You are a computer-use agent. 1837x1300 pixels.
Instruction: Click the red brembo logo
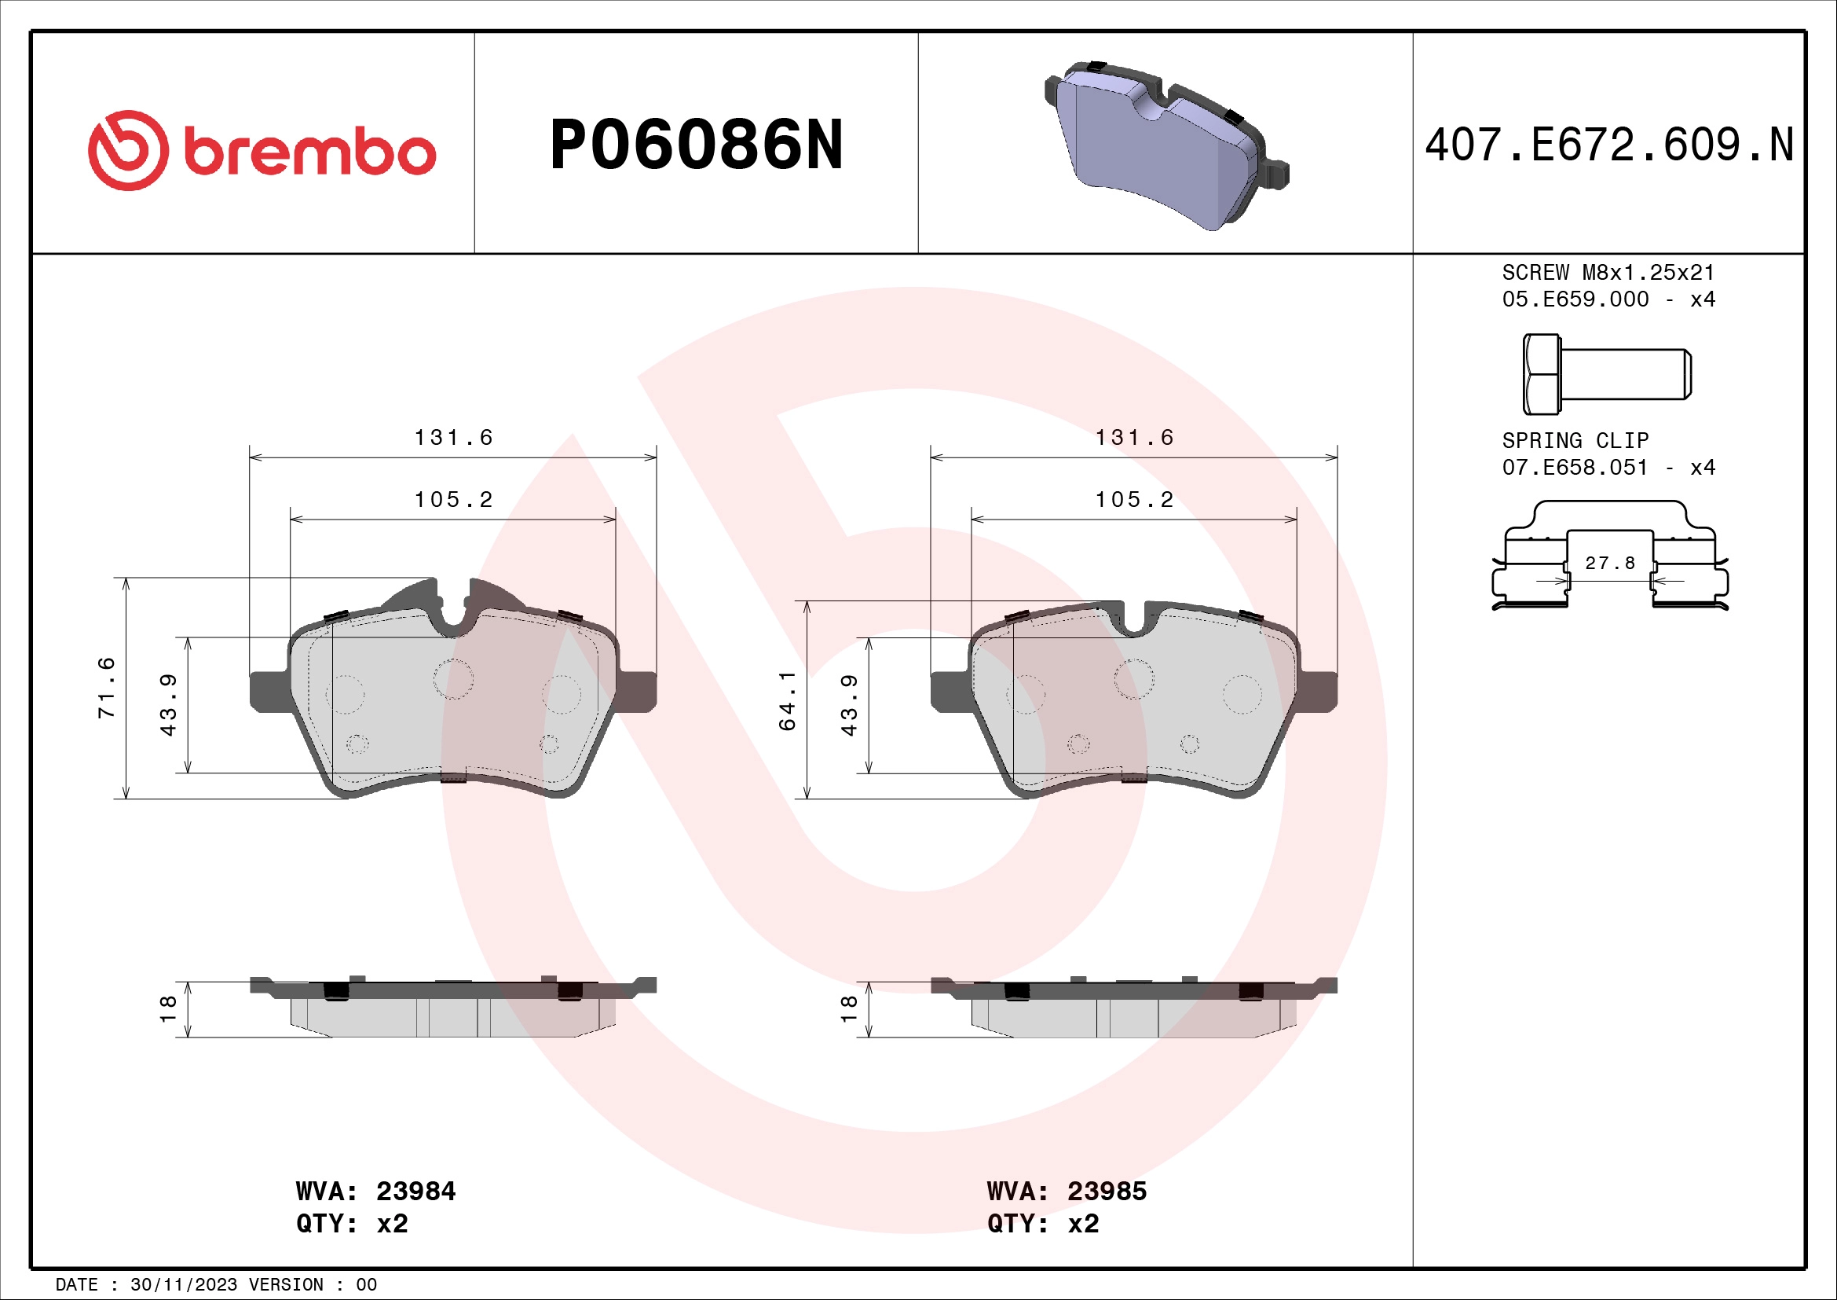point(261,150)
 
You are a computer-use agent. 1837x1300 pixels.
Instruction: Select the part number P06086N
point(696,145)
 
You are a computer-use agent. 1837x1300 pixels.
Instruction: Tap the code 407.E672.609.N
point(1608,145)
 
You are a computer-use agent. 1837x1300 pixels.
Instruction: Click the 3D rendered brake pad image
point(1166,144)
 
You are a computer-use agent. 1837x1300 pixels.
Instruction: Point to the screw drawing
point(1607,374)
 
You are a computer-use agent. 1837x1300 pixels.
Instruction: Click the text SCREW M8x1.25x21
point(1608,272)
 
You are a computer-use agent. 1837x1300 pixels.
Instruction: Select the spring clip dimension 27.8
point(1610,564)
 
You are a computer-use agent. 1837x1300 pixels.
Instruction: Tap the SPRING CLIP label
point(1575,440)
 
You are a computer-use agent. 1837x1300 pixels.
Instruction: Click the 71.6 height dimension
point(106,687)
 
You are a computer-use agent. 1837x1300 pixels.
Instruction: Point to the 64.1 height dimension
point(787,700)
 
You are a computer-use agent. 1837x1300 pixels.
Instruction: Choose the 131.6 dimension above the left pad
point(453,437)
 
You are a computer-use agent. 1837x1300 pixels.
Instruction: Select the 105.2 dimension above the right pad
point(1134,500)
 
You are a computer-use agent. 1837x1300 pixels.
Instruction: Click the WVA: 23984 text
point(375,1191)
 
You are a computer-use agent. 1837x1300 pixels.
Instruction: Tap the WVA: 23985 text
point(1067,1191)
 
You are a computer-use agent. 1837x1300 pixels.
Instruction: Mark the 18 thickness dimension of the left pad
point(168,1008)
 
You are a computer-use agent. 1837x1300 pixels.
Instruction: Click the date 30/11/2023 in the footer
point(183,1285)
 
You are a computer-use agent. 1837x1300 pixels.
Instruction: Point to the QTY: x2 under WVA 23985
point(1042,1224)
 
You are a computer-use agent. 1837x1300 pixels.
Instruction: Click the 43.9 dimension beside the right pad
point(849,704)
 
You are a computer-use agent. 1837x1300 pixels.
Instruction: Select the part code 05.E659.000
point(1575,299)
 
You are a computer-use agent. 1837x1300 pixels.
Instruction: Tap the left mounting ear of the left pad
point(269,691)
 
